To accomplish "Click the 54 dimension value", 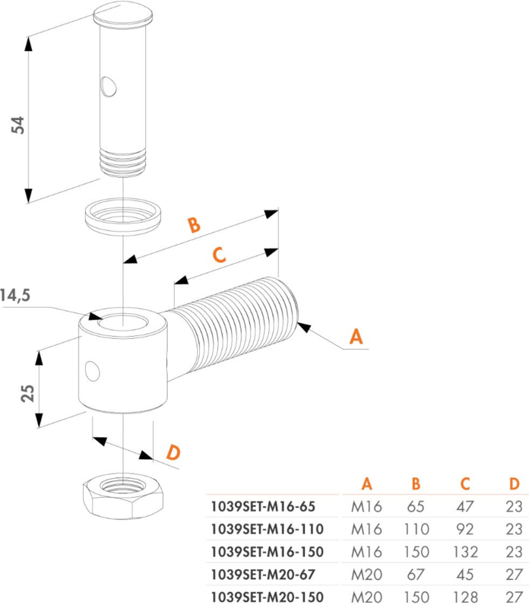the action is (x=17, y=125).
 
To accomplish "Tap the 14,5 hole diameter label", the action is (x=14, y=296).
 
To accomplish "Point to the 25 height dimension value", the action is (x=28, y=393).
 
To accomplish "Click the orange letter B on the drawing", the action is (x=194, y=225).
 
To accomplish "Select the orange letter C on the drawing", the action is (x=220, y=255).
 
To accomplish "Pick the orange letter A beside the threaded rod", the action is (x=356, y=336).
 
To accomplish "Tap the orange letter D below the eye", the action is (x=173, y=452).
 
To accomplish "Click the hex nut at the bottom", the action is (x=123, y=496).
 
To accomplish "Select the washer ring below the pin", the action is (x=123, y=217).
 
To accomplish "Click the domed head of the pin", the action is (x=122, y=14).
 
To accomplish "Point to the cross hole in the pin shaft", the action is (x=108, y=86).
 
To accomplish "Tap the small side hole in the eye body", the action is (x=92, y=371).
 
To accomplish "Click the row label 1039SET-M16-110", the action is (x=268, y=529).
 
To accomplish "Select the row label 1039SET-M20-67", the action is (x=263, y=575).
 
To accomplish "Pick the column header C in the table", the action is (x=465, y=483).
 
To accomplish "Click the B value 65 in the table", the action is (x=416, y=506).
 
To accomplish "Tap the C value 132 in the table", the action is (x=465, y=552).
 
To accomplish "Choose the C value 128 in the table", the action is (x=465, y=597).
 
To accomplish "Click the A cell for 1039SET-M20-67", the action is (x=366, y=575).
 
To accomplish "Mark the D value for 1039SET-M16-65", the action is (x=515, y=506).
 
